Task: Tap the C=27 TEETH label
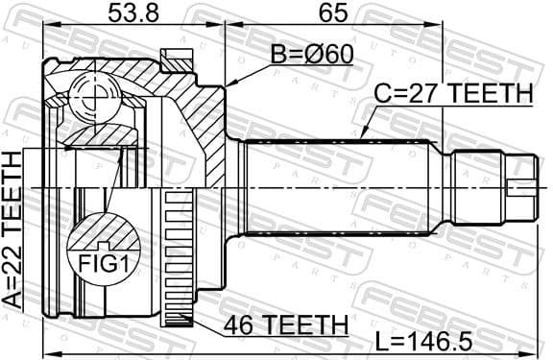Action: tap(452, 93)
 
